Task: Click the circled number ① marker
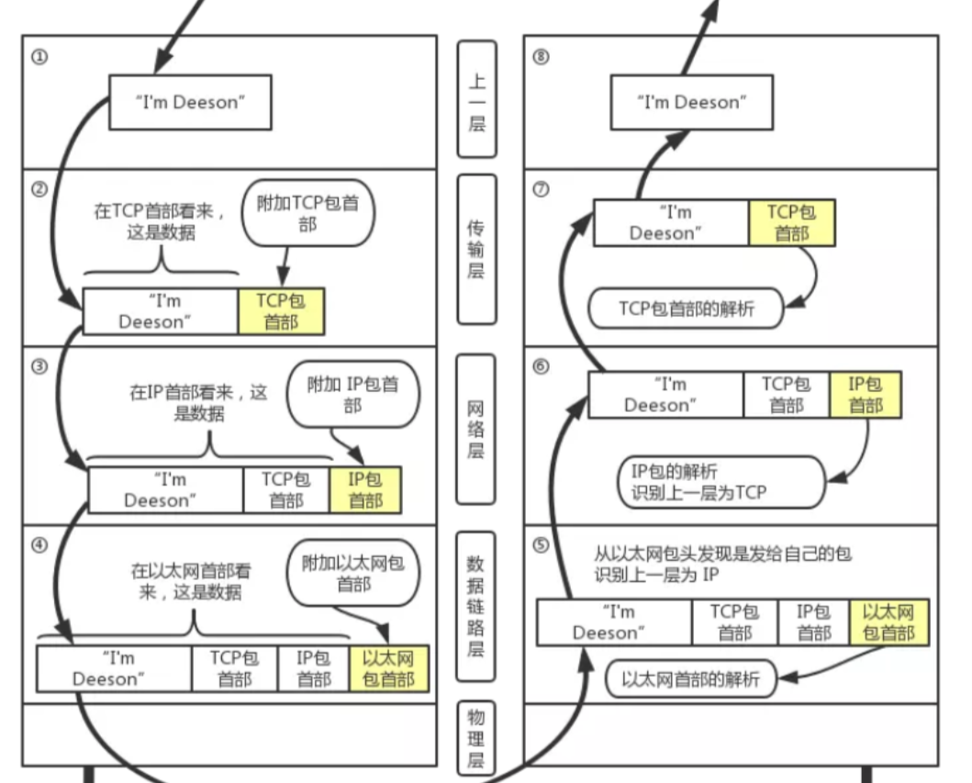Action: (38, 56)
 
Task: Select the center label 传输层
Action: (476, 249)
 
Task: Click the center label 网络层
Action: (476, 429)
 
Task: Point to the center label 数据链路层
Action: (476, 607)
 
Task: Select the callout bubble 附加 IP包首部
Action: (353, 395)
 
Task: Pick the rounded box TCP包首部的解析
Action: (687, 308)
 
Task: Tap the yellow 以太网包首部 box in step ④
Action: (389, 668)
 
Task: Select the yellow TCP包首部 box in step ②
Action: (280, 311)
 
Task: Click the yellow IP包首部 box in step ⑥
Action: (866, 395)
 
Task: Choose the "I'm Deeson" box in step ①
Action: (191, 102)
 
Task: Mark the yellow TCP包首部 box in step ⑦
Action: (792, 223)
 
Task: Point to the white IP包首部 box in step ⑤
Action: (813, 621)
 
